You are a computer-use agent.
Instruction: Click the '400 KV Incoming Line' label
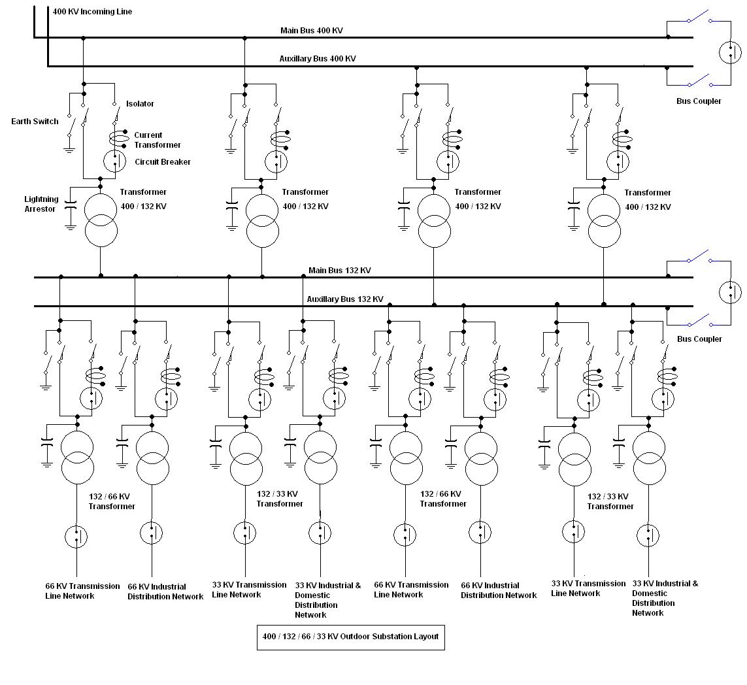pyautogui.click(x=92, y=12)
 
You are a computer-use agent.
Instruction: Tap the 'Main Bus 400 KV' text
pyautogui.click(x=312, y=31)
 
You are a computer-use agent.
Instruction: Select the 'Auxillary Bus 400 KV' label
pyautogui.click(x=318, y=59)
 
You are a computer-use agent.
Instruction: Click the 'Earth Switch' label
pyautogui.click(x=35, y=122)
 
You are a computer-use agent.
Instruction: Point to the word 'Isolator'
pyautogui.click(x=140, y=104)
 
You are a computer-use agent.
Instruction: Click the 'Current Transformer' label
pyautogui.click(x=157, y=140)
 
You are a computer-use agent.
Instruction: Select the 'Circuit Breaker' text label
pyautogui.click(x=163, y=162)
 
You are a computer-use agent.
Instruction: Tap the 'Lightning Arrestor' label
pyautogui.click(x=41, y=204)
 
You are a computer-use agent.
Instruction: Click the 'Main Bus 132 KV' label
pyautogui.click(x=340, y=271)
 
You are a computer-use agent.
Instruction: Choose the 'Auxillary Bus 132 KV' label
pyautogui.click(x=345, y=299)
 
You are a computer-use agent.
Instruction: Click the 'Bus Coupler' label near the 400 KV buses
pyautogui.click(x=699, y=101)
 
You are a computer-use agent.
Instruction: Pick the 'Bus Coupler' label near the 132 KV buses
pyautogui.click(x=699, y=339)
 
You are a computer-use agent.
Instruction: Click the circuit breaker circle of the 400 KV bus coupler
pyautogui.click(x=730, y=52)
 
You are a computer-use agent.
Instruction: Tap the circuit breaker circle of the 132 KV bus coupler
pyautogui.click(x=730, y=292)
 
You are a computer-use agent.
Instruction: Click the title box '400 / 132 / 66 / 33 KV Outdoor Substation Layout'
pyautogui.click(x=350, y=637)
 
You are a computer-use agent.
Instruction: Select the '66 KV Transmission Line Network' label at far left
pyautogui.click(x=82, y=591)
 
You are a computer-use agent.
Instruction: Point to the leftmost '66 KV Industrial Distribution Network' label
pyautogui.click(x=165, y=592)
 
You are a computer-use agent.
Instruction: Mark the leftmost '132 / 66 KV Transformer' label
pyautogui.click(x=112, y=501)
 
